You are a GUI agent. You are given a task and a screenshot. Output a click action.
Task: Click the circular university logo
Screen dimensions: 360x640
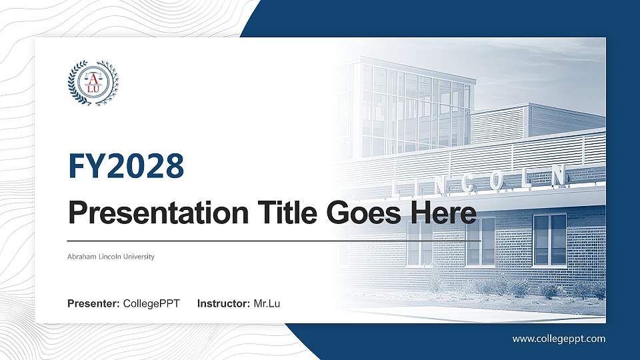[93, 83]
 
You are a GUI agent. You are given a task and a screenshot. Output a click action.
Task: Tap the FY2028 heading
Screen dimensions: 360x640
[126, 167]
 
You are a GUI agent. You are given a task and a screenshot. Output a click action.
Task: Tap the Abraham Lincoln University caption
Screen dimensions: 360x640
[111, 257]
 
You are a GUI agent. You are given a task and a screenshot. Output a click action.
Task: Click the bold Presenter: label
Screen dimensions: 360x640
[93, 304]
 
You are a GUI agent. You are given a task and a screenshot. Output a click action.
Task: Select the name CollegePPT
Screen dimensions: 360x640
[151, 304]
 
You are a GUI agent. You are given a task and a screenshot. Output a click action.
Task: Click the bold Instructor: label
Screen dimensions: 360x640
[224, 304]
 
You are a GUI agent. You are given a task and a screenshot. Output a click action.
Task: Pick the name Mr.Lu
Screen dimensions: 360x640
[267, 304]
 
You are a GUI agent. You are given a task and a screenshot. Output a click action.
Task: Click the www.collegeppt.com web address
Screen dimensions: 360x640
[559, 339]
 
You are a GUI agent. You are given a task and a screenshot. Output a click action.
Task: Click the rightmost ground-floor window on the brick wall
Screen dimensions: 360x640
[549, 240]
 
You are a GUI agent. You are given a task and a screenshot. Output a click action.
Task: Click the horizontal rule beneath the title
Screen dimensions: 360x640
[274, 240]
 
